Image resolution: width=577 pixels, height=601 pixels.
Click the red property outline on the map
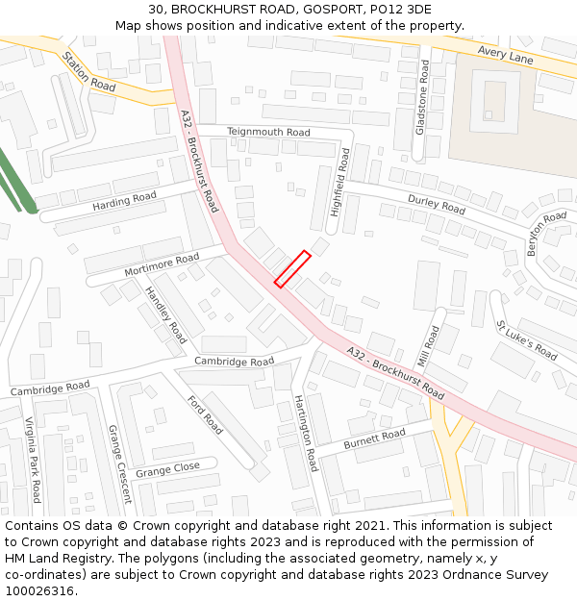coord(292,269)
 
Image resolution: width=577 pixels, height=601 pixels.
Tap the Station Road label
coord(88,72)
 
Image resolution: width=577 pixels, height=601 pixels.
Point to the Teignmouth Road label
coord(268,132)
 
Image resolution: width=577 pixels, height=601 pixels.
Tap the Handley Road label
coord(165,314)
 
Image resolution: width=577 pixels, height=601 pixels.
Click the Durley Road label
coord(437,204)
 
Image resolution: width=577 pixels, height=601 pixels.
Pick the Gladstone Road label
coord(421,97)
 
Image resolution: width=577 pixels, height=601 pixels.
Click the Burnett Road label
coord(374,440)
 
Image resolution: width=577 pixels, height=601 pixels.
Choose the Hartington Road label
coord(305,433)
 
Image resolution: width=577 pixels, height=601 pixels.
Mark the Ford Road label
coord(205,414)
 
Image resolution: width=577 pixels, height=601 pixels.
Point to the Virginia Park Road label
coord(33,461)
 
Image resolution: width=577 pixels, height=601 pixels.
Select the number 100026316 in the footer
coord(40,590)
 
